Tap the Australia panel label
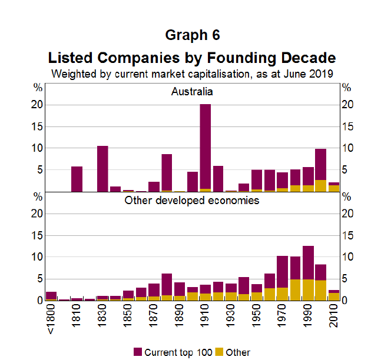(192, 92)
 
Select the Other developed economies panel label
(192, 201)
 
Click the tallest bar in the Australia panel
(205, 148)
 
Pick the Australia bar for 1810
(77, 179)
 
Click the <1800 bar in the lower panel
(51, 296)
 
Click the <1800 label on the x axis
(51, 321)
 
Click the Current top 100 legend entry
(171, 352)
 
